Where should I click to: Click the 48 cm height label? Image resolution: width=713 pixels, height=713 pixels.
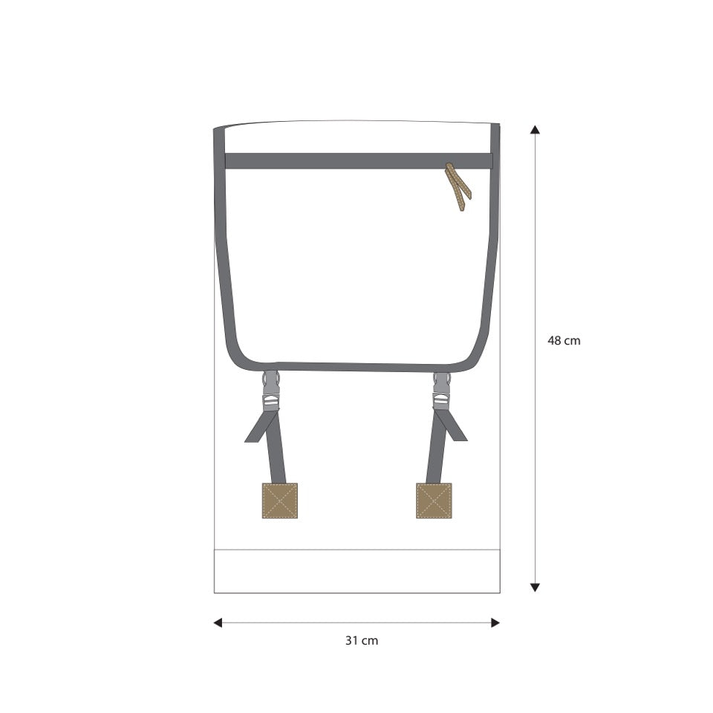[x=564, y=341]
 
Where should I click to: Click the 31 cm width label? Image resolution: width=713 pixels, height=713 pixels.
[x=362, y=641]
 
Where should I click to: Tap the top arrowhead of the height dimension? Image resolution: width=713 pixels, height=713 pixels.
[x=535, y=129]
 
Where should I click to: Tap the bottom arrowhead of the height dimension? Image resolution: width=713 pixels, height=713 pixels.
[x=535, y=587]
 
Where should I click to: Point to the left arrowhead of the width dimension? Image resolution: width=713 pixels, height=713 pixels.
[x=218, y=623]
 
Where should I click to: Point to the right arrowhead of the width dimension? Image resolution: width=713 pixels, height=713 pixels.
[x=495, y=623]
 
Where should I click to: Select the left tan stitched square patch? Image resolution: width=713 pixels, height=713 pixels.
[x=280, y=501]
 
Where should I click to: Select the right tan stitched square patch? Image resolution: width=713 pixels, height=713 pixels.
[x=434, y=501]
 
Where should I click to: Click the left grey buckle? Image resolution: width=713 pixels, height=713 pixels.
[x=271, y=391]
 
